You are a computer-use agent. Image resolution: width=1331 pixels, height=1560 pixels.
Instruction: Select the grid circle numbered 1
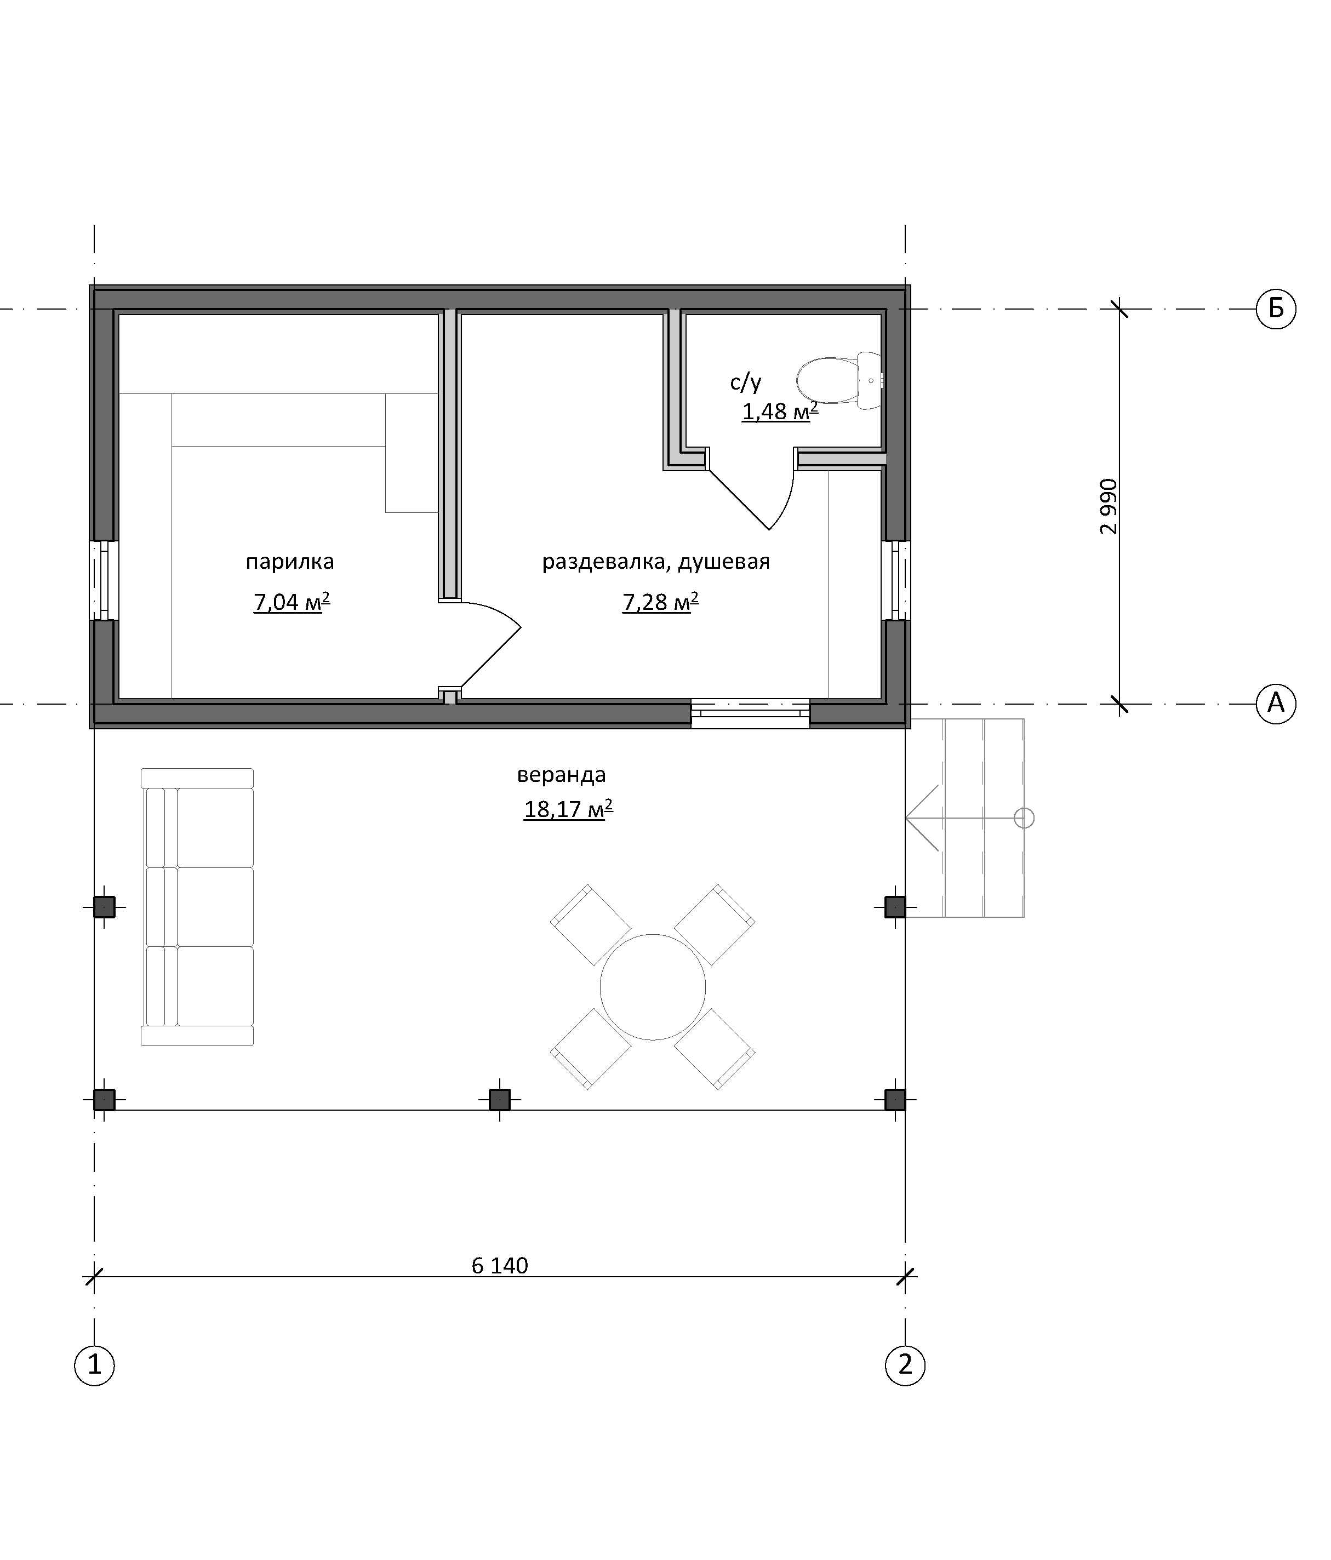(94, 1364)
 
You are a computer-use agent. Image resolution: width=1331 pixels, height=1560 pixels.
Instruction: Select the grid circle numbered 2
(905, 1364)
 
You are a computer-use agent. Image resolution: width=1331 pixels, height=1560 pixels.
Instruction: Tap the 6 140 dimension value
(500, 1266)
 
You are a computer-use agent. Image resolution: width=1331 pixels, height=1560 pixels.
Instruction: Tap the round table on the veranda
(653, 987)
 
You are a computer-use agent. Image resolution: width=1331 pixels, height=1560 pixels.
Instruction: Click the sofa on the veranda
(197, 906)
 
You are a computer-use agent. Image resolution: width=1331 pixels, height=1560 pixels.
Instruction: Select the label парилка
(290, 562)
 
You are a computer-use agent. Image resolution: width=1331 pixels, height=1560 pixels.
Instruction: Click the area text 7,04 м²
(292, 602)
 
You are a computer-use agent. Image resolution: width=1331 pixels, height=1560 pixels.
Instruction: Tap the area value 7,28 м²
(660, 602)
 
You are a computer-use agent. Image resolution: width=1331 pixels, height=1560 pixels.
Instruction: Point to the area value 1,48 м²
(780, 411)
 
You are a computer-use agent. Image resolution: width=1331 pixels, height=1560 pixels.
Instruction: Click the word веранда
(561, 775)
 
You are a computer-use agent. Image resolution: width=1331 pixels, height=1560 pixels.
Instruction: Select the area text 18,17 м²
(568, 809)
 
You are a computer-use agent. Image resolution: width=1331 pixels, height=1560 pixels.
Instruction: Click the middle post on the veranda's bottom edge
(500, 1100)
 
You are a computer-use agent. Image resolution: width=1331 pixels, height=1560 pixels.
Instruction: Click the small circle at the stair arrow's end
(1024, 818)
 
